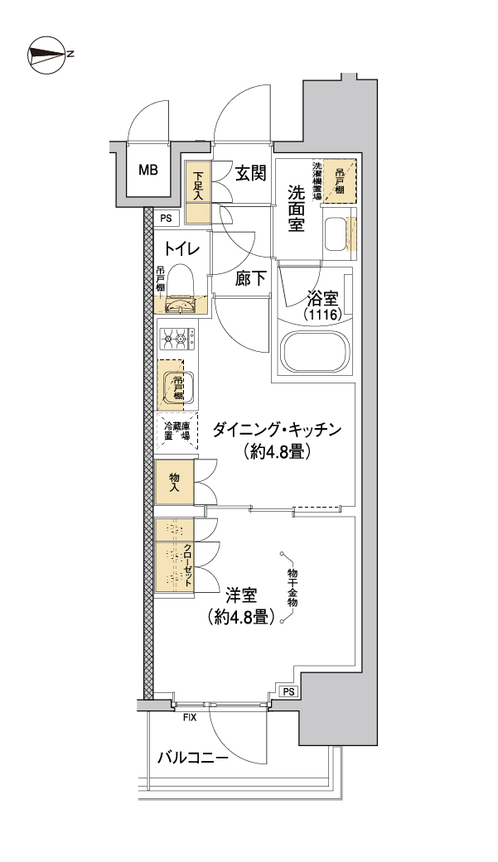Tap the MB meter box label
[148, 171]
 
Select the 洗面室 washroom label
[297, 210]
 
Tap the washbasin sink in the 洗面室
[336, 234]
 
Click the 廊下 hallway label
[250, 279]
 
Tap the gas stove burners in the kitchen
[177, 338]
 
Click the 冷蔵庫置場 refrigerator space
[176, 430]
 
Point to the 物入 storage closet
[175, 483]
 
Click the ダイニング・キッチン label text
[277, 430]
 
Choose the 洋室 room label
[240, 595]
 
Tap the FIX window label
[190, 718]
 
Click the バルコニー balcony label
[192, 757]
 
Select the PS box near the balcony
[288, 691]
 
